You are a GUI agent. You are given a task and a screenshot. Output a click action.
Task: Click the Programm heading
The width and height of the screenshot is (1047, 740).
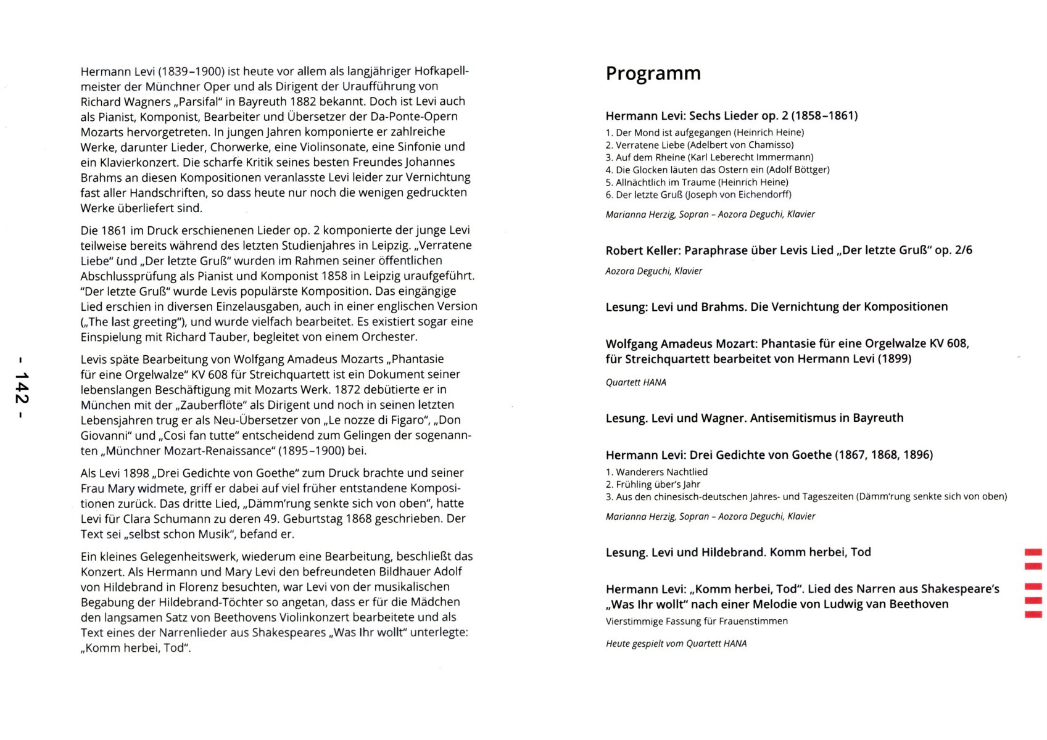coord(653,73)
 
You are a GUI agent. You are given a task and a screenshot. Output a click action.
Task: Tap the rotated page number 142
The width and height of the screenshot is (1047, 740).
coord(22,388)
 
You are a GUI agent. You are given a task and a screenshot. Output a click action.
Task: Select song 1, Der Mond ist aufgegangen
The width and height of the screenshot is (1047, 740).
coord(705,133)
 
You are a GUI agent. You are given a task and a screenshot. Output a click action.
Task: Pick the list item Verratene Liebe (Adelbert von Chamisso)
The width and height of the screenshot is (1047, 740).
coord(699,145)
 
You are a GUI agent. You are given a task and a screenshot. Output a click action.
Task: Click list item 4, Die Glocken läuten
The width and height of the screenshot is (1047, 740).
coord(717,170)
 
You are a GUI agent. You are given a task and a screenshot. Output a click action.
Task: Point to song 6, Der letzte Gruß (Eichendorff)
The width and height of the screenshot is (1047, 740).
coord(698,195)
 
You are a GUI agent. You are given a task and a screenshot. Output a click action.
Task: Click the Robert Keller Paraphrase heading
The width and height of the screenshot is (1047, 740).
coord(788,250)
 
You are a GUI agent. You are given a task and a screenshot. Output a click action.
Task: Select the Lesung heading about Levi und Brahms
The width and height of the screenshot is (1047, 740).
coord(776,307)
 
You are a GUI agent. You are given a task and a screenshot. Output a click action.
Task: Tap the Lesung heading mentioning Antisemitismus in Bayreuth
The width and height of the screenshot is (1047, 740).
coord(754,418)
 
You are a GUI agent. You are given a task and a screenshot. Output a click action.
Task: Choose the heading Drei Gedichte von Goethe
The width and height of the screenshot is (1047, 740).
coord(769,455)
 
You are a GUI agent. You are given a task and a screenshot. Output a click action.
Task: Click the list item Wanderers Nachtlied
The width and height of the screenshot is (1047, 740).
coord(656,472)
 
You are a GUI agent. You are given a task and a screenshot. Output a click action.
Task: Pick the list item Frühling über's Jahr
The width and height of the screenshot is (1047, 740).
coord(653,485)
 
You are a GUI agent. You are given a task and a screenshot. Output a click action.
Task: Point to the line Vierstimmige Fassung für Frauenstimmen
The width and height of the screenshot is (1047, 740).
coord(697,622)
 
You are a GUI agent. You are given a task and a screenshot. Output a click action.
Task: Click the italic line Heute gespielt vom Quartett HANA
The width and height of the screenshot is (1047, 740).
coord(676,644)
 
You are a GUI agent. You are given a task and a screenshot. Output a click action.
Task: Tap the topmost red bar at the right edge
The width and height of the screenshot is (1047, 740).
coord(1033,552)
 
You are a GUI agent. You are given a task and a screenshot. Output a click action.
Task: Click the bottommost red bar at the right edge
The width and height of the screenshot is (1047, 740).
coord(1033,614)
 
